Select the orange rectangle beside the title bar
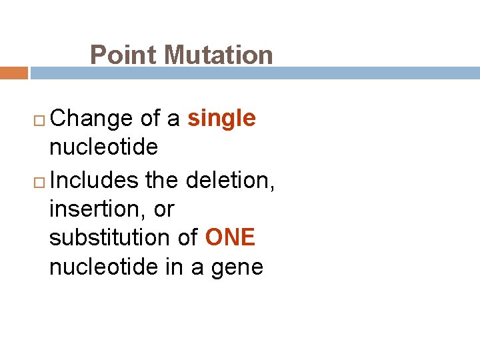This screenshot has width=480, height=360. pos(13,73)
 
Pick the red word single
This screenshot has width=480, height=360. pos(221,119)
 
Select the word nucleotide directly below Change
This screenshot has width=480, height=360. pos(103,147)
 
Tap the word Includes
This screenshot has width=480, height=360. pos(93,180)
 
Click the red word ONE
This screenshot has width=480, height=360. pos(230,238)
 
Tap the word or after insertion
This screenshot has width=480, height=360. pos(163,209)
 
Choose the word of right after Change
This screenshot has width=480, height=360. pos(151,119)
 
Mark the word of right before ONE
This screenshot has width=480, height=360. pos(188,238)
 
